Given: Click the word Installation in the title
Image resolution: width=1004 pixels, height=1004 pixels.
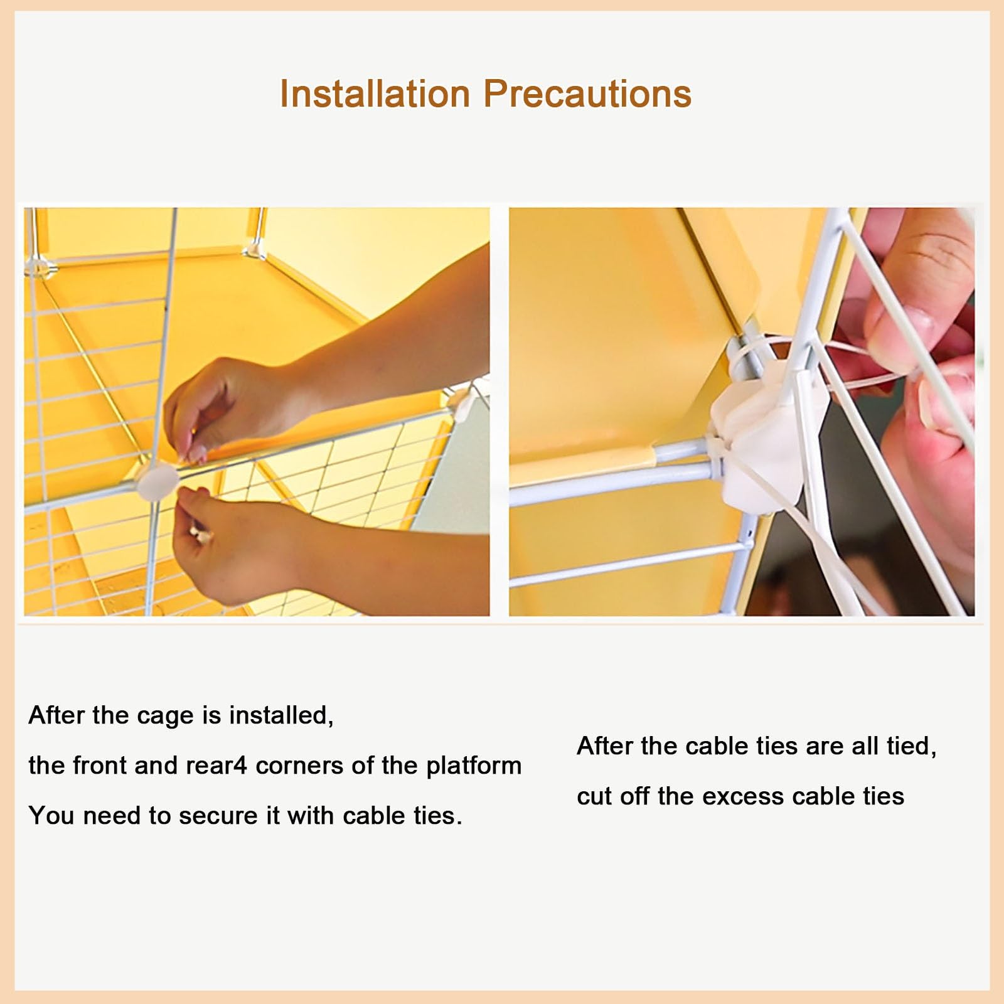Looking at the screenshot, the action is (x=375, y=94).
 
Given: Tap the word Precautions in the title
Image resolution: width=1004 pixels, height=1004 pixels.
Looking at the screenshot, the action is (x=587, y=94).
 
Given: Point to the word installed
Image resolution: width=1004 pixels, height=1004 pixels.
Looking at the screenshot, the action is (x=280, y=715).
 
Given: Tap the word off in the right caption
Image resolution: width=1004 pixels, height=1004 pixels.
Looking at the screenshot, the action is (x=635, y=796).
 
